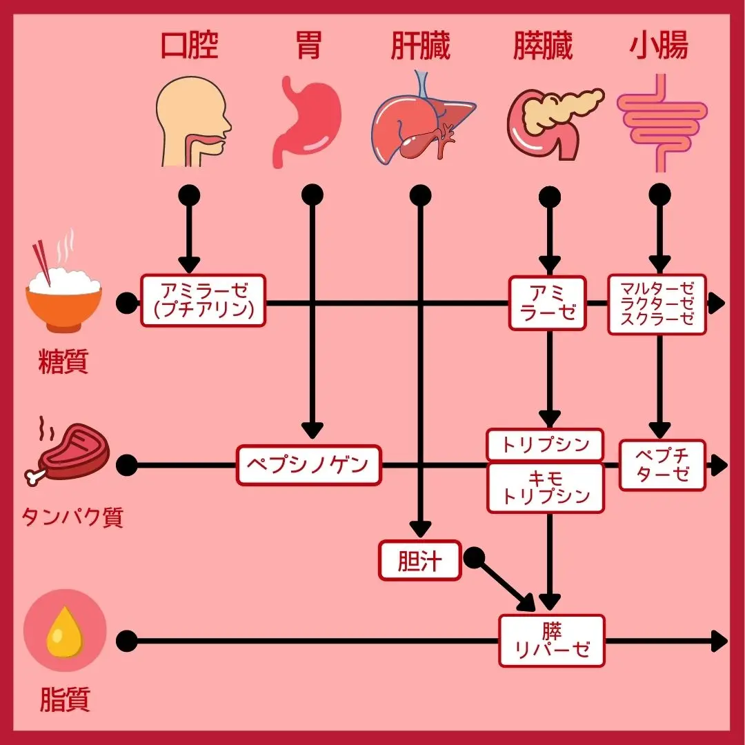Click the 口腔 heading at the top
(x=189, y=46)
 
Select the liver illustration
(x=422, y=123)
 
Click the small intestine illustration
(x=660, y=124)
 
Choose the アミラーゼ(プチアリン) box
(x=203, y=301)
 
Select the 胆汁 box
(x=419, y=559)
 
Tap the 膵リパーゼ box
(x=552, y=641)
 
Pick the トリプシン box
(x=545, y=445)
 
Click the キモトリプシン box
(x=545, y=488)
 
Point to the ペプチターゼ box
(x=662, y=465)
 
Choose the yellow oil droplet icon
(x=65, y=633)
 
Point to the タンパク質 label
(x=72, y=517)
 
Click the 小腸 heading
(x=659, y=46)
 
